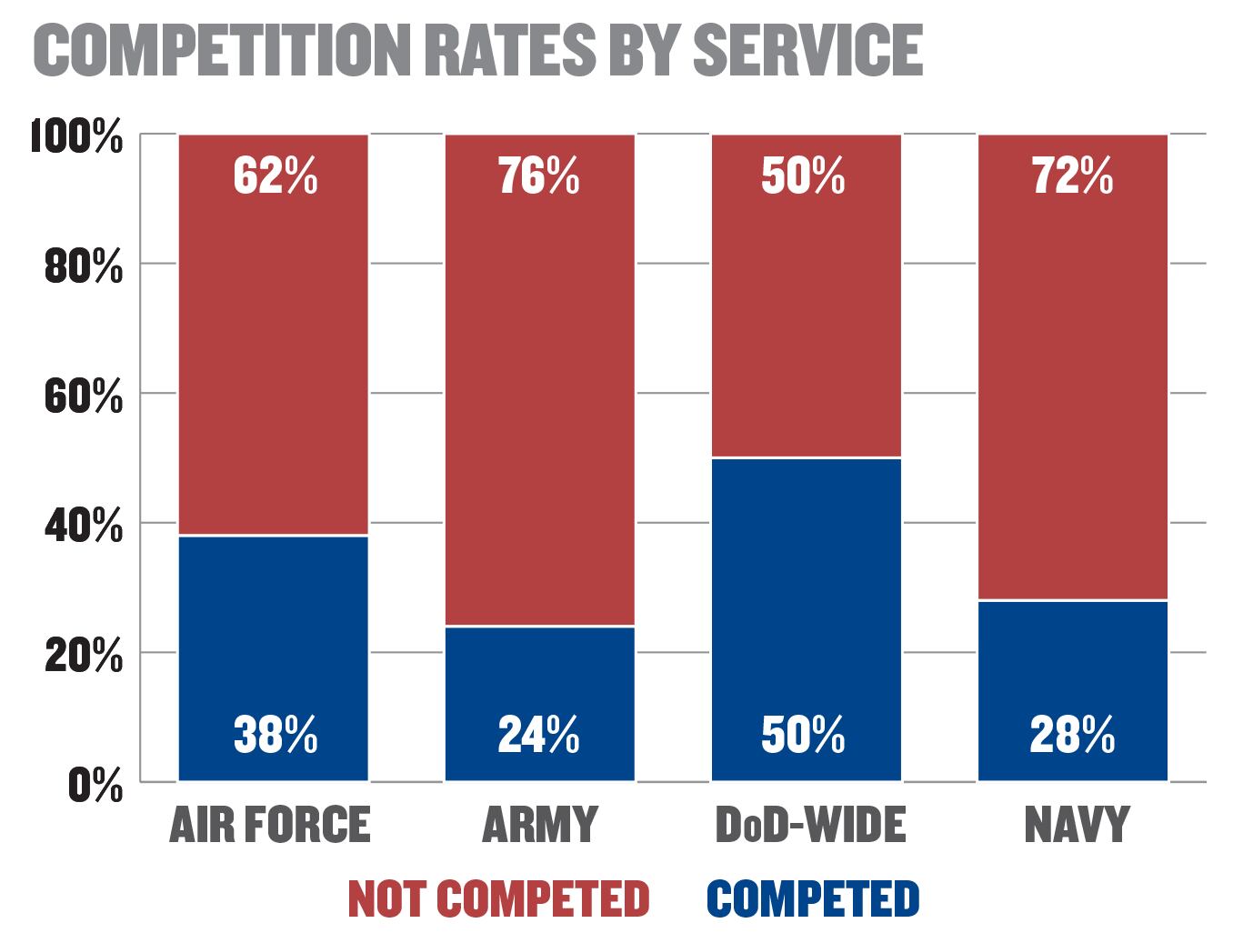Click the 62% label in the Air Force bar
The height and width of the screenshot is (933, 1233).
pos(275,176)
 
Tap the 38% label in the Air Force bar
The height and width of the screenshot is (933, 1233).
pos(275,735)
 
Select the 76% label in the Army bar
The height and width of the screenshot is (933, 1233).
pos(538,176)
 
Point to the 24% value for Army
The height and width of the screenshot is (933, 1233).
pos(538,735)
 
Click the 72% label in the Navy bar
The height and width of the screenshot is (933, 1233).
pos(1072,176)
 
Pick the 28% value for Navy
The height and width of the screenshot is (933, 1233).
pos(1072,735)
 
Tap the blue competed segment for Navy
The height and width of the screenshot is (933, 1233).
pos(1072,673)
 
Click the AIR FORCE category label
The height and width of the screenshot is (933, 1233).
pos(269,825)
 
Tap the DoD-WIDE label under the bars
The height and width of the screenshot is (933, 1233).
pos(810,825)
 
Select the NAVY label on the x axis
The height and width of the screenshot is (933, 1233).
pos(1076,825)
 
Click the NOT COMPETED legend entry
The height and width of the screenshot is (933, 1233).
pos(498,899)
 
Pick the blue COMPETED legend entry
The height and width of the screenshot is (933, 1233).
pos(813,899)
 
